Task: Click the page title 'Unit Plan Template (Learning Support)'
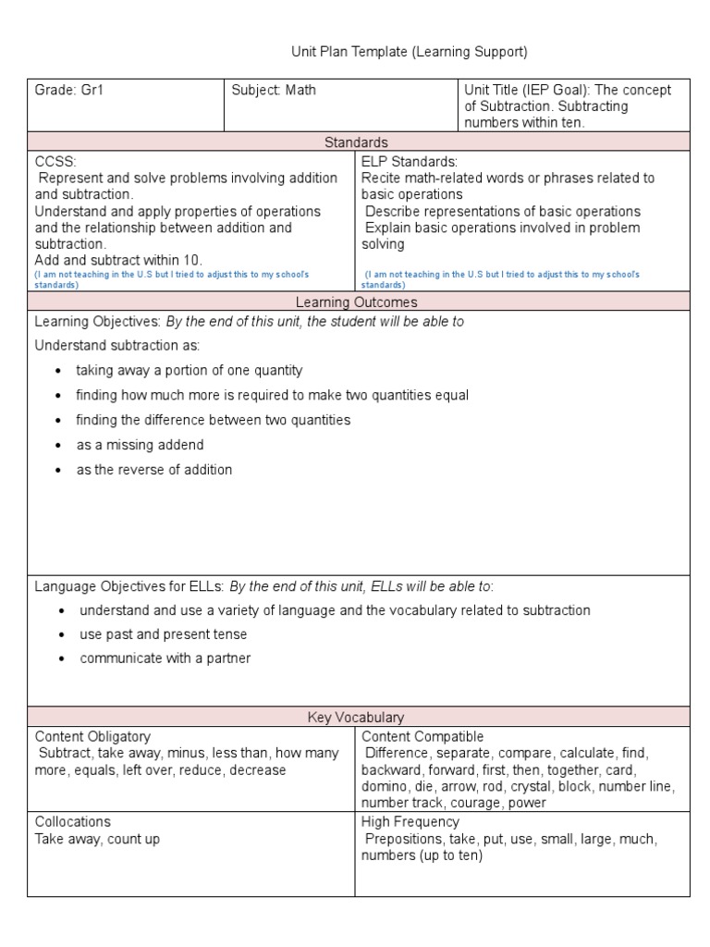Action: (410, 52)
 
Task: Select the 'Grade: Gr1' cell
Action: (64, 91)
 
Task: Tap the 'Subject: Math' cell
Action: (274, 91)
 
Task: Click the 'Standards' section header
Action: (356, 141)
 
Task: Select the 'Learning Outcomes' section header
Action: (356, 301)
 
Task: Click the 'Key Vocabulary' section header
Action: (356, 718)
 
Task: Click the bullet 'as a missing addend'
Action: (140, 445)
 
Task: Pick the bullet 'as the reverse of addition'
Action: (154, 470)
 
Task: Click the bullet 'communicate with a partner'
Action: (165, 658)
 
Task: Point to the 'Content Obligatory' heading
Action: (92, 737)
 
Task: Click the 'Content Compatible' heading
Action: (422, 737)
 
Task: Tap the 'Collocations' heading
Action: (73, 822)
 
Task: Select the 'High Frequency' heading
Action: (410, 822)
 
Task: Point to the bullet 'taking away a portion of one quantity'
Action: (190, 370)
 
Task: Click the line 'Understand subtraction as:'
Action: (117, 345)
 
